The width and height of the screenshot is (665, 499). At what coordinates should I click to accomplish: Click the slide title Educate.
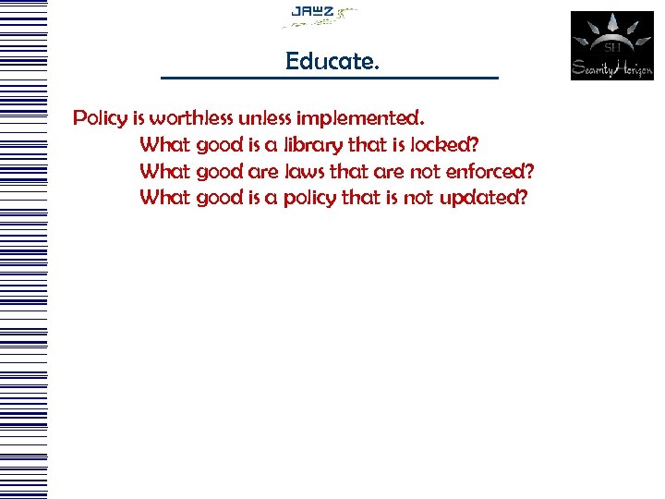pyautogui.click(x=332, y=62)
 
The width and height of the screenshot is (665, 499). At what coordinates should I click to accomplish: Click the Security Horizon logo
pyautogui.click(x=611, y=45)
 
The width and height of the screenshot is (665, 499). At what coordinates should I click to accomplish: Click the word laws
pyautogui.click(x=303, y=171)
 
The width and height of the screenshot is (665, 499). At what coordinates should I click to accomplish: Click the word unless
pyautogui.click(x=263, y=118)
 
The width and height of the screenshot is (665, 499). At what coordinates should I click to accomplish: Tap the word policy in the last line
pyautogui.click(x=309, y=198)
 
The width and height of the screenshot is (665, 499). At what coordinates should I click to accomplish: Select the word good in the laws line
pyautogui.click(x=220, y=171)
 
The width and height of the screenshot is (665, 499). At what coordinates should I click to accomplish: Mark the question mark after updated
pyautogui.click(x=524, y=197)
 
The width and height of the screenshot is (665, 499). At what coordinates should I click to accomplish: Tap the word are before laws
pyautogui.click(x=265, y=171)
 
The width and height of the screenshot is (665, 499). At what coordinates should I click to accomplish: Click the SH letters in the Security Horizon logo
pyautogui.click(x=611, y=45)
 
